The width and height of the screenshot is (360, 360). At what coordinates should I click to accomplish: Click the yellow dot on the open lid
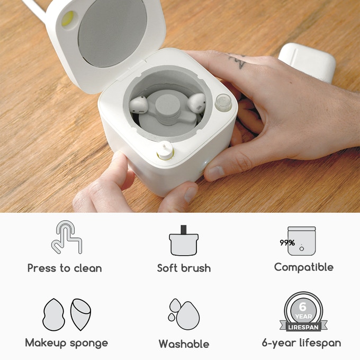[68, 18]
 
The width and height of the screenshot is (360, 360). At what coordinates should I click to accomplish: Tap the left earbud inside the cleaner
[138, 105]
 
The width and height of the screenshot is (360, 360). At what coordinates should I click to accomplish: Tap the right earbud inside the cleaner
[196, 103]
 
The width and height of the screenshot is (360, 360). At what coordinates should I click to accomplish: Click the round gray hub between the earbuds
[168, 106]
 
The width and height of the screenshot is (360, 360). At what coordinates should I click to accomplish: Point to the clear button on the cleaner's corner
[223, 103]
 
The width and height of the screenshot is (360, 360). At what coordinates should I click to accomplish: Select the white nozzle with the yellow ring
[165, 150]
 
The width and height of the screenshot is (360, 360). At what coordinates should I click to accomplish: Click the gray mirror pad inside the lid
[112, 33]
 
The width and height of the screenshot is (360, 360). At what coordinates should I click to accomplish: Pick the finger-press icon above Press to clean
[67, 237]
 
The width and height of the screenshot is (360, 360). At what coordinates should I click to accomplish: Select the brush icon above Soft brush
[184, 240]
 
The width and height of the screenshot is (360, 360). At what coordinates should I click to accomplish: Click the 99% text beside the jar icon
[287, 242]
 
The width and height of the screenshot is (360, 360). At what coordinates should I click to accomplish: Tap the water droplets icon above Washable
[184, 314]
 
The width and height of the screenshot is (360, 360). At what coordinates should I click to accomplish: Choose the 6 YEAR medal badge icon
[303, 311]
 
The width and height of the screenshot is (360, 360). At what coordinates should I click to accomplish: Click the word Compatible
[304, 267]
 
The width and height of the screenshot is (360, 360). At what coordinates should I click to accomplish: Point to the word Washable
[184, 344]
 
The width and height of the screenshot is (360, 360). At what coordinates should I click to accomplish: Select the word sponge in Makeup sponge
[89, 344]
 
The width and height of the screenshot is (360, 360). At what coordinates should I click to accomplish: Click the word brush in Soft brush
[196, 268]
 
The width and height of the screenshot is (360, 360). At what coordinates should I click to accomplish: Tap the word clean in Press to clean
[88, 268]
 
